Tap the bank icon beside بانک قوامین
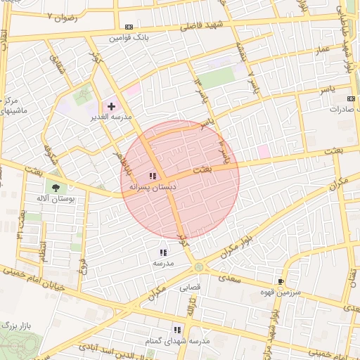click(129, 27)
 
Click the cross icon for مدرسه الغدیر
click(111, 105)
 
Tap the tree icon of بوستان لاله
click(55, 186)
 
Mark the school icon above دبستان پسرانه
click(153, 176)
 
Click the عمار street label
click(322, 51)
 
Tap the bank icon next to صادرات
click(352, 98)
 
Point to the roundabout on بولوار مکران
click(200, 267)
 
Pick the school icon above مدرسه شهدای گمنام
click(177, 329)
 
